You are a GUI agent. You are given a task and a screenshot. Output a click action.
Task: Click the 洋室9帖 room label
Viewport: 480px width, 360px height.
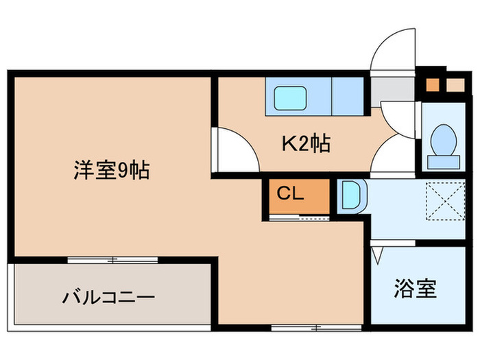[x=112, y=169]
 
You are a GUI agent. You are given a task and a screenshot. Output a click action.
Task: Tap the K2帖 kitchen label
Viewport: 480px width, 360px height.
[x=307, y=143]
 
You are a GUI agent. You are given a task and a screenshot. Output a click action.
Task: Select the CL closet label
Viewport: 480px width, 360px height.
[x=289, y=193]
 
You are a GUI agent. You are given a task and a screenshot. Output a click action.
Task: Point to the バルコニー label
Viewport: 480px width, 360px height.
[x=109, y=298]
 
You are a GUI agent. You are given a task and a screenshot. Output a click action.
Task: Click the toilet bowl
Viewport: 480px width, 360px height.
[x=443, y=139]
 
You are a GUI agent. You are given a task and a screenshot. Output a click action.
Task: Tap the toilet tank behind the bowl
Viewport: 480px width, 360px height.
[x=443, y=161]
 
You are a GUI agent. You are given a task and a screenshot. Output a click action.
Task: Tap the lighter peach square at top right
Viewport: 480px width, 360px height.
[x=455, y=86]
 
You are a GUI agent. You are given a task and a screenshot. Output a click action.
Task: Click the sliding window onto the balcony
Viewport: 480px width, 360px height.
[x=112, y=260]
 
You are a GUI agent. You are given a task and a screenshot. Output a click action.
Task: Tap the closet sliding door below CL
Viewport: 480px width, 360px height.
[x=300, y=217]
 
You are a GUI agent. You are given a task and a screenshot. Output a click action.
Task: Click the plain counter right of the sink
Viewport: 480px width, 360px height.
[x=348, y=96]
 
